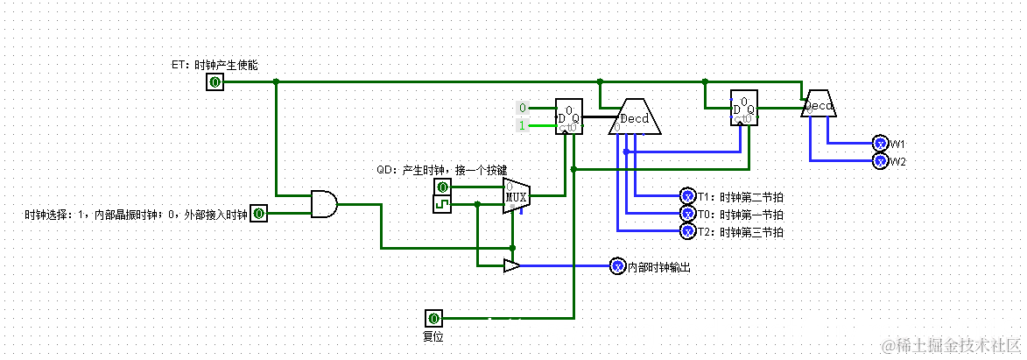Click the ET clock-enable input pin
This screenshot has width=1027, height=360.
point(215,82)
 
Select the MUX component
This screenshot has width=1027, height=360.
point(515,195)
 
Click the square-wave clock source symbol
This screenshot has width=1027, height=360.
point(443,205)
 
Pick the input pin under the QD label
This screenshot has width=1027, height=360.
point(443,187)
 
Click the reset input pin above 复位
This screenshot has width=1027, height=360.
point(433,318)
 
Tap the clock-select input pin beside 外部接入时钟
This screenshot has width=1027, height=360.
point(258,213)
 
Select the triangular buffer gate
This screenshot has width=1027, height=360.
point(511,265)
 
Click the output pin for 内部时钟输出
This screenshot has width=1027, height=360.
point(617,266)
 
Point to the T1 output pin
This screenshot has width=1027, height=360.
point(687,196)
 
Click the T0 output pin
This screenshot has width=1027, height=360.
point(687,214)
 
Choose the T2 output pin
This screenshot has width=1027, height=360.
point(687,231)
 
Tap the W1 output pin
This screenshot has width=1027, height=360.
point(881,144)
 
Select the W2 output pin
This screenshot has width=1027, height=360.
point(881,161)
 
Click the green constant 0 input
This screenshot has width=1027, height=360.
point(523,109)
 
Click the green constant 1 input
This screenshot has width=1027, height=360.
point(523,126)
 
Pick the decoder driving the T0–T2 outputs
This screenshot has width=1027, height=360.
point(635,116)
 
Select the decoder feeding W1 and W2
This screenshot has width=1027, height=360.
point(819,104)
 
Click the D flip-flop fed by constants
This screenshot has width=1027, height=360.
point(569,116)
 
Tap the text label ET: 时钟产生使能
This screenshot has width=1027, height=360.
point(215,65)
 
